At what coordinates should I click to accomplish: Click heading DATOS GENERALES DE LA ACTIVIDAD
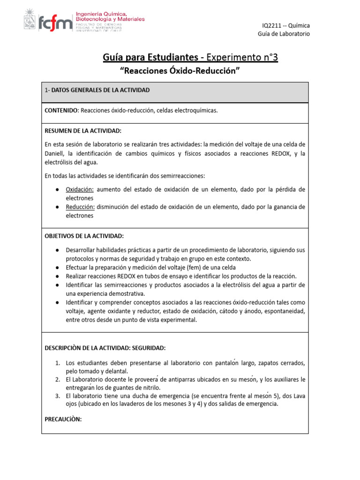[x=100, y=90]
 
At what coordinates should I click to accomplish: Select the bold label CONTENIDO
[x=61, y=111]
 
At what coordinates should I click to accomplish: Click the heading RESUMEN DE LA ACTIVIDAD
[x=83, y=130]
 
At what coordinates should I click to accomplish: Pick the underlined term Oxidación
[x=80, y=189]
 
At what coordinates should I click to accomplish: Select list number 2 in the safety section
[x=58, y=379]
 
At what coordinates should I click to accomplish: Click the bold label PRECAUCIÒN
[x=63, y=420]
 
